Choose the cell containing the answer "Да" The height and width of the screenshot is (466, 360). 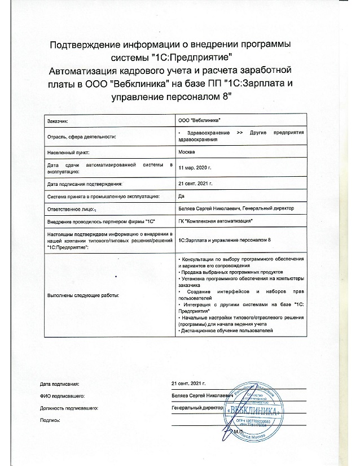tap(181, 196)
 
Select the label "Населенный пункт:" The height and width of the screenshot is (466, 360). tap(69, 153)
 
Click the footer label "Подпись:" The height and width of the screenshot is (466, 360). tap(50, 420)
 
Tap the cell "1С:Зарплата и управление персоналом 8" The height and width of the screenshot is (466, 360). tap(225, 241)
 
